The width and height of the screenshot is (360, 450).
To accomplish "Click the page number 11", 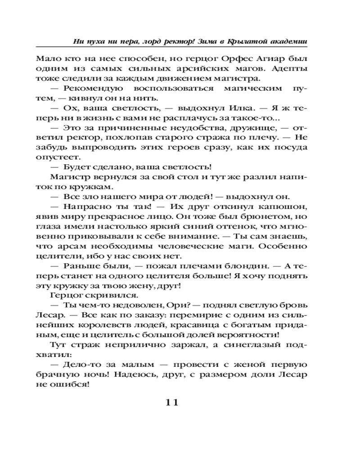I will coord(170,402).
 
